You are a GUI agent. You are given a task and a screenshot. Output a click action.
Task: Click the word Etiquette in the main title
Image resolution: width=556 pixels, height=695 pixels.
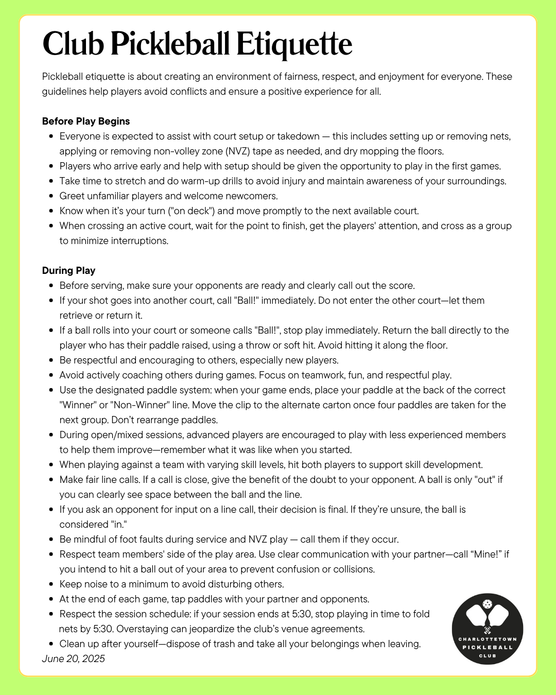coord(294,44)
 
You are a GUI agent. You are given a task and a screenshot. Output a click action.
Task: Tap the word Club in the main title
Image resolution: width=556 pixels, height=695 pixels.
coord(73,44)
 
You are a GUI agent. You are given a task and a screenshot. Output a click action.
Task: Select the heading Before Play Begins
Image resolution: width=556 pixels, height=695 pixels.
coord(86,121)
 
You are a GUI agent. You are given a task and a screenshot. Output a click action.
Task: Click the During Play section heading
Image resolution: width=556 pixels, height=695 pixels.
coord(68,270)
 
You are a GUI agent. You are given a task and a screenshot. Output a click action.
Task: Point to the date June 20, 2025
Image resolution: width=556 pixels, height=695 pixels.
coord(73,658)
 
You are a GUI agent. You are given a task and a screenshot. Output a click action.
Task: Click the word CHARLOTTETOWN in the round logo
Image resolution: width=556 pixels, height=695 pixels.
coord(488,639)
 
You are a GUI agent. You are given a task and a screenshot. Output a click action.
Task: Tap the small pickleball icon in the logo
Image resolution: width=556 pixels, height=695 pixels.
coord(487,604)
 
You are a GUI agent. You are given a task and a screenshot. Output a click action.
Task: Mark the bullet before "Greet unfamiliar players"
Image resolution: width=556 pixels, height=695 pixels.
coord(51,196)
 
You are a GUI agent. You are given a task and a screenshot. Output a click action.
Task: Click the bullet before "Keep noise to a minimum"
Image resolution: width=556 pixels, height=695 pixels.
coord(51,584)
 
